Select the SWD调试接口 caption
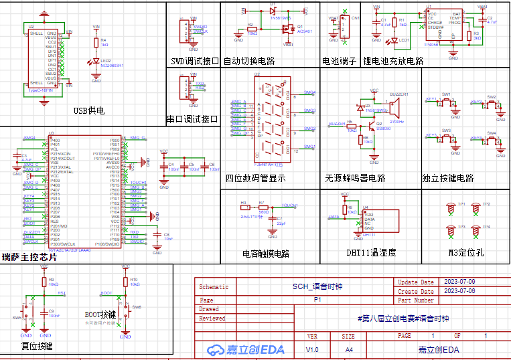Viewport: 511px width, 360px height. (x=195, y=61)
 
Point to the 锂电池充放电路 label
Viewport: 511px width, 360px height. (x=393, y=61)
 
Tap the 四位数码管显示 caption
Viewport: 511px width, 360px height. (x=256, y=179)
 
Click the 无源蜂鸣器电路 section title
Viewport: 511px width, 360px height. (x=355, y=179)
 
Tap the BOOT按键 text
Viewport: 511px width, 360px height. (x=100, y=314)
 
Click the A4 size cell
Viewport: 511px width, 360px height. (x=348, y=349)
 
